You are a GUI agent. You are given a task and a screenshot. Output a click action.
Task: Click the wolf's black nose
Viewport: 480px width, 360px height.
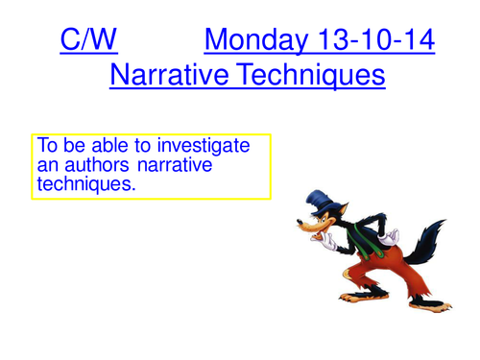coord(300,243)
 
